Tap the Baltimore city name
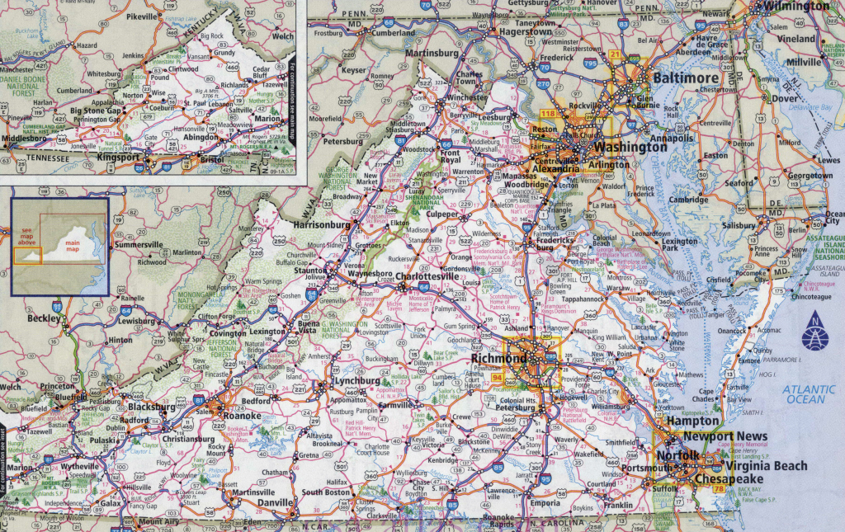click(x=686, y=78)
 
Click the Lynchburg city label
click(x=356, y=381)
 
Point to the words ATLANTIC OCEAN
click(x=810, y=393)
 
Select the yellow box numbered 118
click(x=523, y=113)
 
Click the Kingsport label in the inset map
click(x=119, y=155)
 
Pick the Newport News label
click(x=725, y=436)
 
